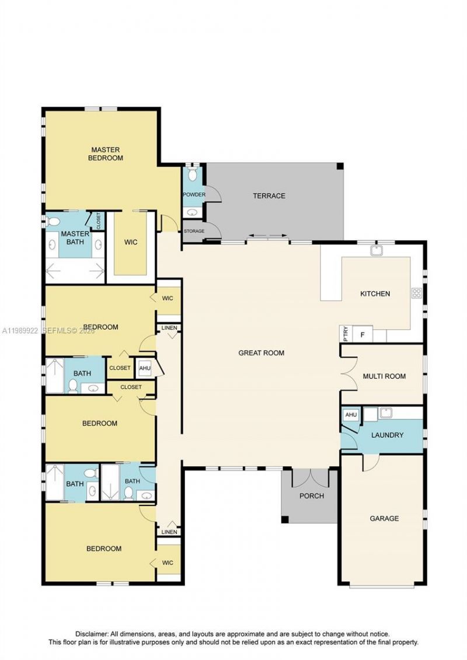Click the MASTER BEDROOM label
(x=106, y=153)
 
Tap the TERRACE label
(x=269, y=196)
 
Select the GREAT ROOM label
(x=261, y=353)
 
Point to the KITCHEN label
(x=375, y=294)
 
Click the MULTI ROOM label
(x=384, y=376)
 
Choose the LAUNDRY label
(x=387, y=435)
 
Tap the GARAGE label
(x=384, y=518)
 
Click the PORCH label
(x=311, y=496)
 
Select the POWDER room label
(x=193, y=195)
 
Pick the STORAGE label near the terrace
(x=194, y=231)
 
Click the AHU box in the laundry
(x=350, y=415)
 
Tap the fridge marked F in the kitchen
(x=363, y=335)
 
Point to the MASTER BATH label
(x=75, y=238)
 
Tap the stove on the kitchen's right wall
(x=417, y=293)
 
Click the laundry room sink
(x=385, y=413)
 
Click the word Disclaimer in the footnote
(x=91, y=634)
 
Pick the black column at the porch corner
(x=284, y=519)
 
